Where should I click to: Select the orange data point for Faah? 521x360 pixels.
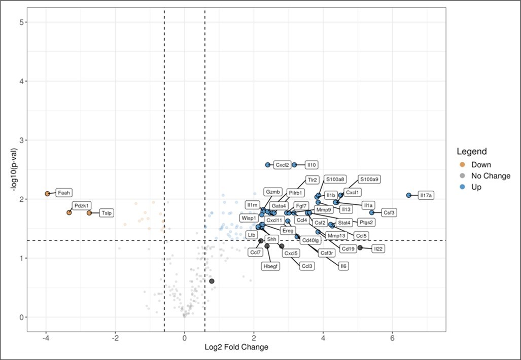(x=47, y=194)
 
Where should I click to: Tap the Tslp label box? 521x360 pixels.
(x=107, y=213)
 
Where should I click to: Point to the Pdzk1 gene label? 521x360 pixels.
(x=81, y=205)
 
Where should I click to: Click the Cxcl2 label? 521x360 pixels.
(x=282, y=165)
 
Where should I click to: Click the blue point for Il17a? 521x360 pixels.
(x=409, y=195)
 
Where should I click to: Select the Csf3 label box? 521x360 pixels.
(x=389, y=213)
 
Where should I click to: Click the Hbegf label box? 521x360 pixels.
(x=270, y=266)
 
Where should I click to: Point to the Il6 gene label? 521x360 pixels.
(x=343, y=266)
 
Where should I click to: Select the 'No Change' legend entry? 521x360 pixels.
(x=491, y=176)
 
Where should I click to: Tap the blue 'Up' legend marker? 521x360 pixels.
(x=461, y=187)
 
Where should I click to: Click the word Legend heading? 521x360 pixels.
(x=472, y=151)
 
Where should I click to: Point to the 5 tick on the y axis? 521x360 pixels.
(x=23, y=22)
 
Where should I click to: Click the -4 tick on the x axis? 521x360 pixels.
(x=46, y=338)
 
